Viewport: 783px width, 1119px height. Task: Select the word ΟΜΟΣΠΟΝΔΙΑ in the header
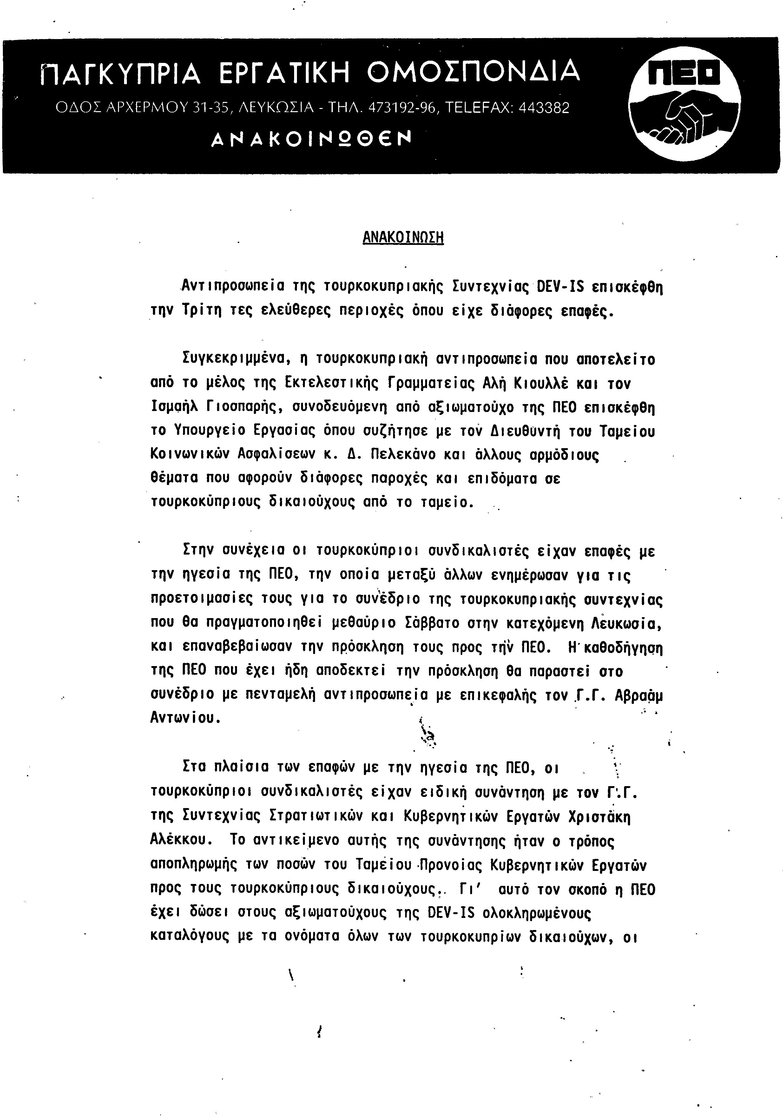click(473, 71)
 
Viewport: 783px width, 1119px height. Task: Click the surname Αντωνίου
click(185, 718)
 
